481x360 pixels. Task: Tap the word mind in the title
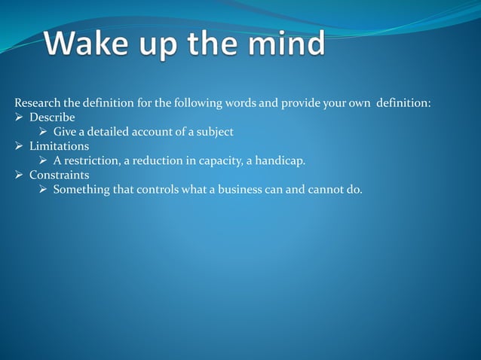(286, 44)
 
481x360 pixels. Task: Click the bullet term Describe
(52, 117)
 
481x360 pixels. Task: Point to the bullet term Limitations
(59, 146)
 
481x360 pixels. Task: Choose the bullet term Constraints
(59, 175)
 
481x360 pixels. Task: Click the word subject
(214, 132)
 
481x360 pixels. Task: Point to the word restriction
(89, 160)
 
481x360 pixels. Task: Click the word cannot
(326, 189)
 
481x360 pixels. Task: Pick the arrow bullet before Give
(44, 132)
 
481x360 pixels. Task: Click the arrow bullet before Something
(44, 189)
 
